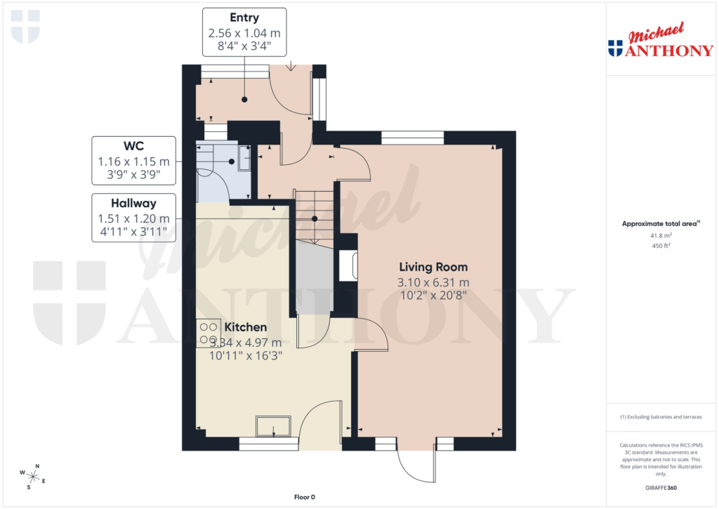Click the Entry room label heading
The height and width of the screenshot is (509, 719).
pyautogui.click(x=244, y=18)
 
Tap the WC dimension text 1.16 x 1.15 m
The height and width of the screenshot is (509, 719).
pyautogui.click(x=133, y=161)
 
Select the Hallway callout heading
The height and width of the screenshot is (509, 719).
pyautogui.click(x=133, y=203)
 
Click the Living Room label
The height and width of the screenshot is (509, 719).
pyautogui.click(x=433, y=267)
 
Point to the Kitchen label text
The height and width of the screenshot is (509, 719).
pyautogui.click(x=245, y=327)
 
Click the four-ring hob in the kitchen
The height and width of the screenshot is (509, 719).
pyautogui.click(x=208, y=333)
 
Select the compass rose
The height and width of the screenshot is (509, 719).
pyautogui.click(x=33, y=477)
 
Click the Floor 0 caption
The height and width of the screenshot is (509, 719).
pyautogui.click(x=304, y=497)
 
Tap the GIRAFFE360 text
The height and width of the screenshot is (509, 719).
pyautogui.click(x=661, y=488)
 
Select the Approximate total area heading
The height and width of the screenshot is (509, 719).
pyautogui.click(x=660, y=224)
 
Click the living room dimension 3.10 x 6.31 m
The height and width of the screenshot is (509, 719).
pyautogui.click(x=433, y=282)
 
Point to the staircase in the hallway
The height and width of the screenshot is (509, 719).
pyautogui.click(x=314, y=218)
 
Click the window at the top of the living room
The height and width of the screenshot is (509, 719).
pyautogui.click(x=412, y=138)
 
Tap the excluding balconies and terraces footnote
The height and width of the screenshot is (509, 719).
pyautogui.click(x=661, y=417)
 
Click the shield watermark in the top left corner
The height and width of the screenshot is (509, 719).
pyautogui.click(x=26, y=27)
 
